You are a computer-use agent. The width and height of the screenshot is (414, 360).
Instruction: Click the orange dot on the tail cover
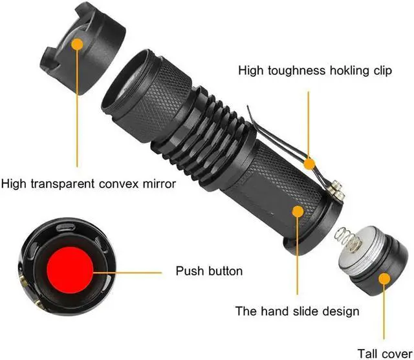pos(384,279)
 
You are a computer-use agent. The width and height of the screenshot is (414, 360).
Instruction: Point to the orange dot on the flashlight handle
pos(298,211)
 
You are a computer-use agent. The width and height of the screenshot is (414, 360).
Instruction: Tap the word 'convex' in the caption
pos(116,184)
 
